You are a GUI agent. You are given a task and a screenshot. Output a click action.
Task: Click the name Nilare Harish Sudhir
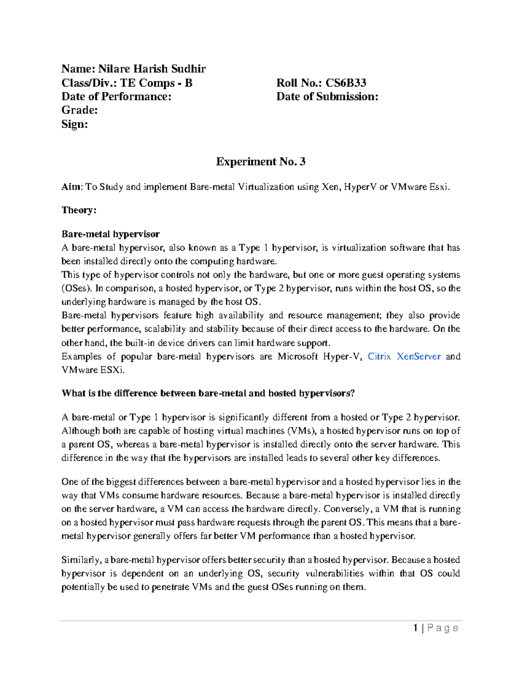click(152, 69)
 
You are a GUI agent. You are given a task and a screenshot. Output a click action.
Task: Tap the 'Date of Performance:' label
click(116, 97)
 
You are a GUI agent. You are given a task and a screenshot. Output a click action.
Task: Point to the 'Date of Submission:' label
click(327, 97)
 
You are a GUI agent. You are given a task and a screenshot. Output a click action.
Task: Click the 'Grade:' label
click(80, 110)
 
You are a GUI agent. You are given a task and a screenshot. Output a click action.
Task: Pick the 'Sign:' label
click(75, 124)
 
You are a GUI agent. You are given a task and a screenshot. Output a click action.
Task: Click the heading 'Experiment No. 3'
click(261, 162)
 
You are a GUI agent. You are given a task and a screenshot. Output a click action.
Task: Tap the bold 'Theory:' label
click(79, 210)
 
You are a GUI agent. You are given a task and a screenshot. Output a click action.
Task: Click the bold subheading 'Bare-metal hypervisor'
click(110, 234)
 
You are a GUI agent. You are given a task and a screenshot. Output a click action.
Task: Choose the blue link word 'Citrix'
click(379, 356)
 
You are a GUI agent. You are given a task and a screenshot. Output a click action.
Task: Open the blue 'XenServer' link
click(418, 356)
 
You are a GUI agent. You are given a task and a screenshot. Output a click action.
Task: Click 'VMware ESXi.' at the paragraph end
click(93, 370)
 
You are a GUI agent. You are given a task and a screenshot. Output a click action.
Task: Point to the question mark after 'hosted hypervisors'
click(352, 393)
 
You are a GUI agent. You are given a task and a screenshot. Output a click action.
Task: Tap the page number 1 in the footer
click(416, 628)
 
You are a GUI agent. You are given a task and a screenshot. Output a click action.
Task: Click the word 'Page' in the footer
click(443, 628)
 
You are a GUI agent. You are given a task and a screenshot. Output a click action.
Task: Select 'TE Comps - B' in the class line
click(156, 83)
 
